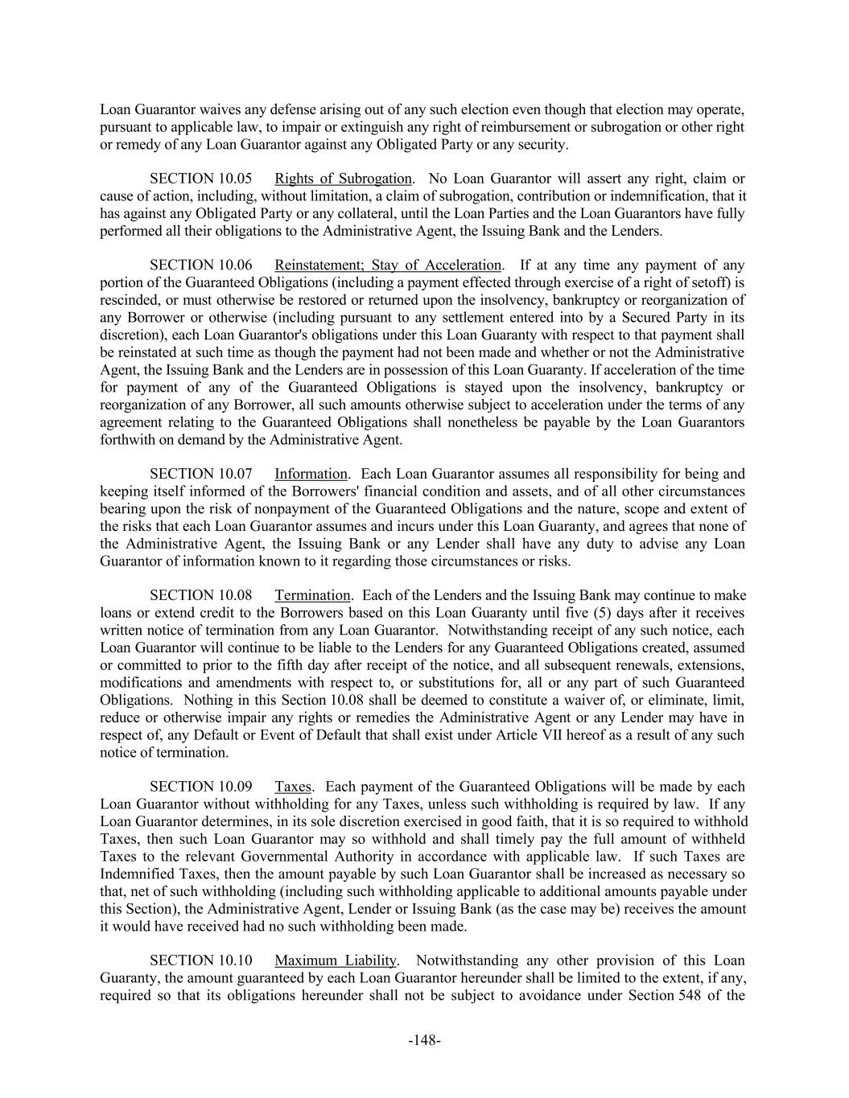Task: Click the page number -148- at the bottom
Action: click(424, 1040)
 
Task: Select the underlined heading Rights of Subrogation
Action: click(343, 179)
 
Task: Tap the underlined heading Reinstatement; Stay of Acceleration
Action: click(388, 265)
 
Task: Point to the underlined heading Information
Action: click(311, 474)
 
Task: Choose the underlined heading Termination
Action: click(312, 595)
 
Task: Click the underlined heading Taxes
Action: click(293, 787)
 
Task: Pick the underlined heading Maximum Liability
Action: click(336, 960)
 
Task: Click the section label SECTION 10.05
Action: click(200, 179)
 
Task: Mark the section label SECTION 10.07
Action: click(200, 474)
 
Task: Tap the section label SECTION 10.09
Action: click(200, 787)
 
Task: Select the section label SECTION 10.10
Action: click(200, 960)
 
